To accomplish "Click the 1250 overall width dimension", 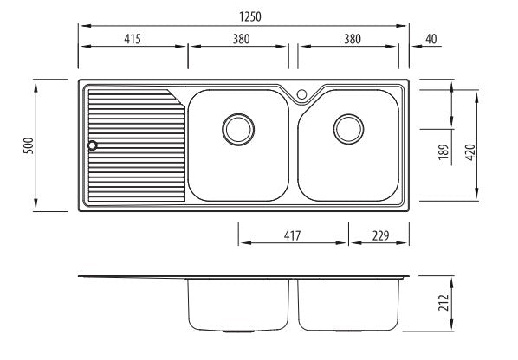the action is pyautogui.click(x=250, y=16).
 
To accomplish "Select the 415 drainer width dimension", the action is pyautogui.click(x=133, y=39).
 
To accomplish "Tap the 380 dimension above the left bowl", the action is pyautogui.click(x=241, y=39).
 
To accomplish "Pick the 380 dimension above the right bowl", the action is pyautogui.click(x=353, y=39).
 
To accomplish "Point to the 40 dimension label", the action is pyautogui.click(x=431, y=39).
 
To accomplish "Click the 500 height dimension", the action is pyautogui.click(x=29, y=145).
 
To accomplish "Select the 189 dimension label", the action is pyautogui.click(x=444, y=152).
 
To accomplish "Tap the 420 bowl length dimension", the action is pyautogui.click(x=470, y=152).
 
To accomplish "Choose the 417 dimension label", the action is pyautogui.click(x=293, y=235).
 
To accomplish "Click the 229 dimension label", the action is pyautogui.click(x=380, y=235).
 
